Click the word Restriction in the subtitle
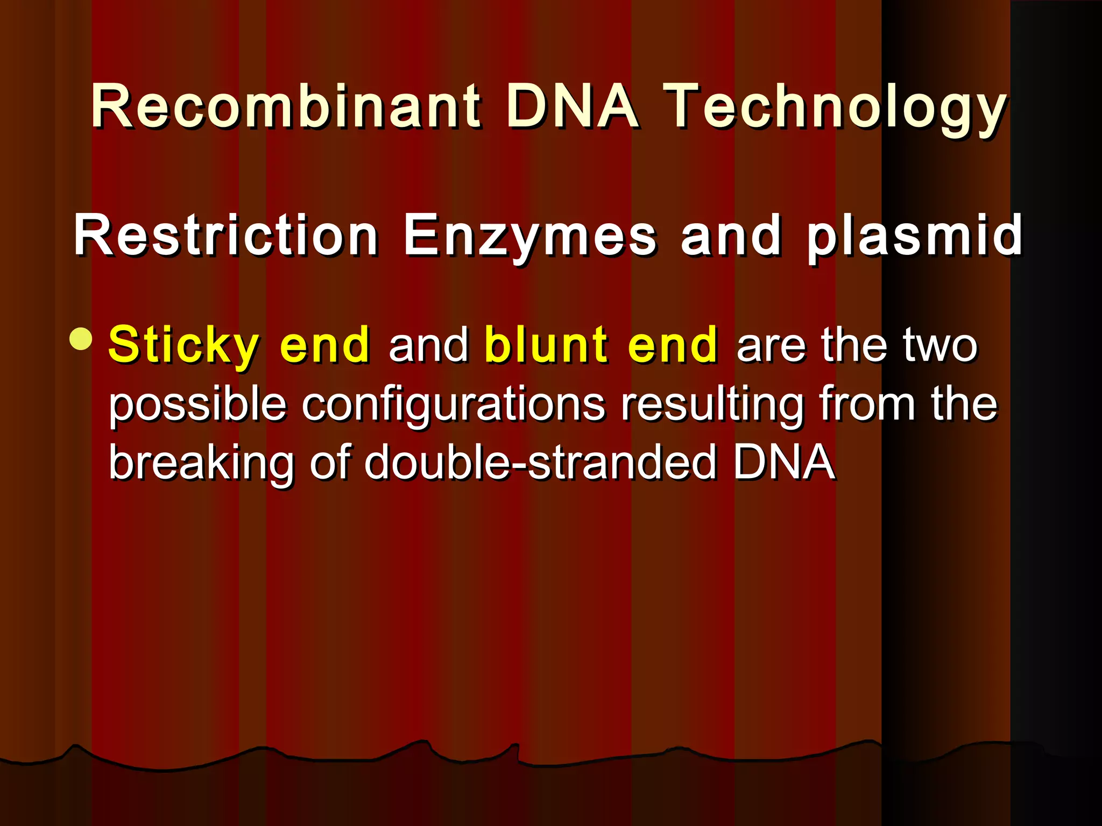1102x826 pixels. click(226, 235)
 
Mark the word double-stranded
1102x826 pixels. click(540, 462)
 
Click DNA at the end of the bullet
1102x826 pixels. click(784, 462)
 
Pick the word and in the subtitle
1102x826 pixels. click(731, 235)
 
